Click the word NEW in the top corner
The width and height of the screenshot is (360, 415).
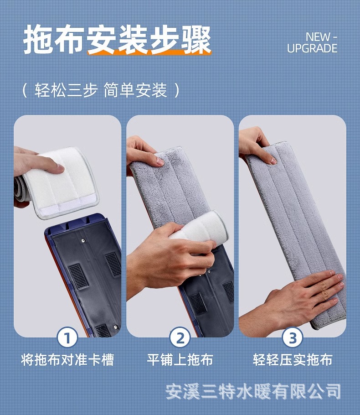click(318, 36)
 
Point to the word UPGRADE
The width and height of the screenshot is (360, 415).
click(312, 48)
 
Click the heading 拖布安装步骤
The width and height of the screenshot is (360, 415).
click(117, 40)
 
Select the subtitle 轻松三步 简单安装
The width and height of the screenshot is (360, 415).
click(101, 90)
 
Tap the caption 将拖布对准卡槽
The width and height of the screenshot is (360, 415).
click(67, 360)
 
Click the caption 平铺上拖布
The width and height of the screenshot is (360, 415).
click(180, 360)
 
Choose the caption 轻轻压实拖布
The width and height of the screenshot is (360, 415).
click(293, 360)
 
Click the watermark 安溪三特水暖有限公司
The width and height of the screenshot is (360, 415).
click(253, 391)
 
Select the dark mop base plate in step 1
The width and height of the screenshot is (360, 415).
click(84, 274)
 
